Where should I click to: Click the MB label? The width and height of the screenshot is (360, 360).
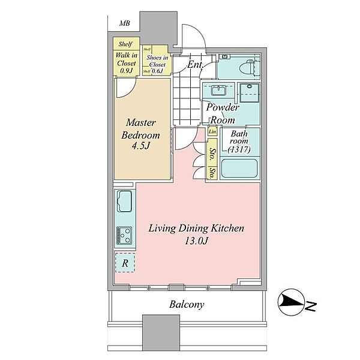[x=124, y=23]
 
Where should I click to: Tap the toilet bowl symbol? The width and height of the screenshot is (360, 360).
[x=248, y=67]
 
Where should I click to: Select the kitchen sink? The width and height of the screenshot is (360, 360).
[x=124, y=202]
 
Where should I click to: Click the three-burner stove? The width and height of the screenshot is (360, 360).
[x=124, y=235]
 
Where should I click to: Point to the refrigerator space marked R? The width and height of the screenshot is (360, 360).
[x=125, y=263]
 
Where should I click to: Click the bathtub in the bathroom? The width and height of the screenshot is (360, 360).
[x=239, y=168]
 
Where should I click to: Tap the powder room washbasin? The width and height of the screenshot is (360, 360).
[x=219, y=90]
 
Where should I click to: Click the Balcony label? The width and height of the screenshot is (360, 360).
[x=187, y=304]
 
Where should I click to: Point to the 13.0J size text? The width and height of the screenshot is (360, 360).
[x=196, y=241]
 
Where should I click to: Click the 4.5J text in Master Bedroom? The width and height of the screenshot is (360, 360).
[x=141, y=145]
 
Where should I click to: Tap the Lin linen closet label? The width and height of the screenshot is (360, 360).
[x=212, y=131]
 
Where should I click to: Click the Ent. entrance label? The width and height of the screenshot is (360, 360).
[x=195, y=65]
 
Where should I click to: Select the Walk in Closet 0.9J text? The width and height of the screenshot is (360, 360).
[x=126, y=62]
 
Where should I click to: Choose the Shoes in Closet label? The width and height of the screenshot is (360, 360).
[x=157, y=61]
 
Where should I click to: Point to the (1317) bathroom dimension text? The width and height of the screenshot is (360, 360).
[x=239, y=149]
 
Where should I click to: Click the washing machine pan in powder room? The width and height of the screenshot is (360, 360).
[x=250, y=93]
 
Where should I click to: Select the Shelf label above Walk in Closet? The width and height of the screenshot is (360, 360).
[x=125, y=44]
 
